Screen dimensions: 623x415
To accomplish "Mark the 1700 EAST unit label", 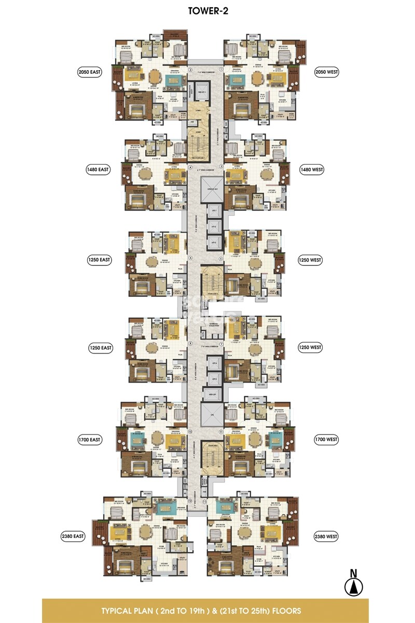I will click(89, 439).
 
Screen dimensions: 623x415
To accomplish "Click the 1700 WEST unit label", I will click(326, 439).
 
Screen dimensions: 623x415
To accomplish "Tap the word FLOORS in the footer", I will click(285, 611).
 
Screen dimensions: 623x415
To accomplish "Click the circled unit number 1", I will click(221, 69).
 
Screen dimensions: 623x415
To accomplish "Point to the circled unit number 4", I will click(190, 168).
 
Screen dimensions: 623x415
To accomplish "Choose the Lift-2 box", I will click(213, 226).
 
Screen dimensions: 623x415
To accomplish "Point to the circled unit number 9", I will click(221, 431).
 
